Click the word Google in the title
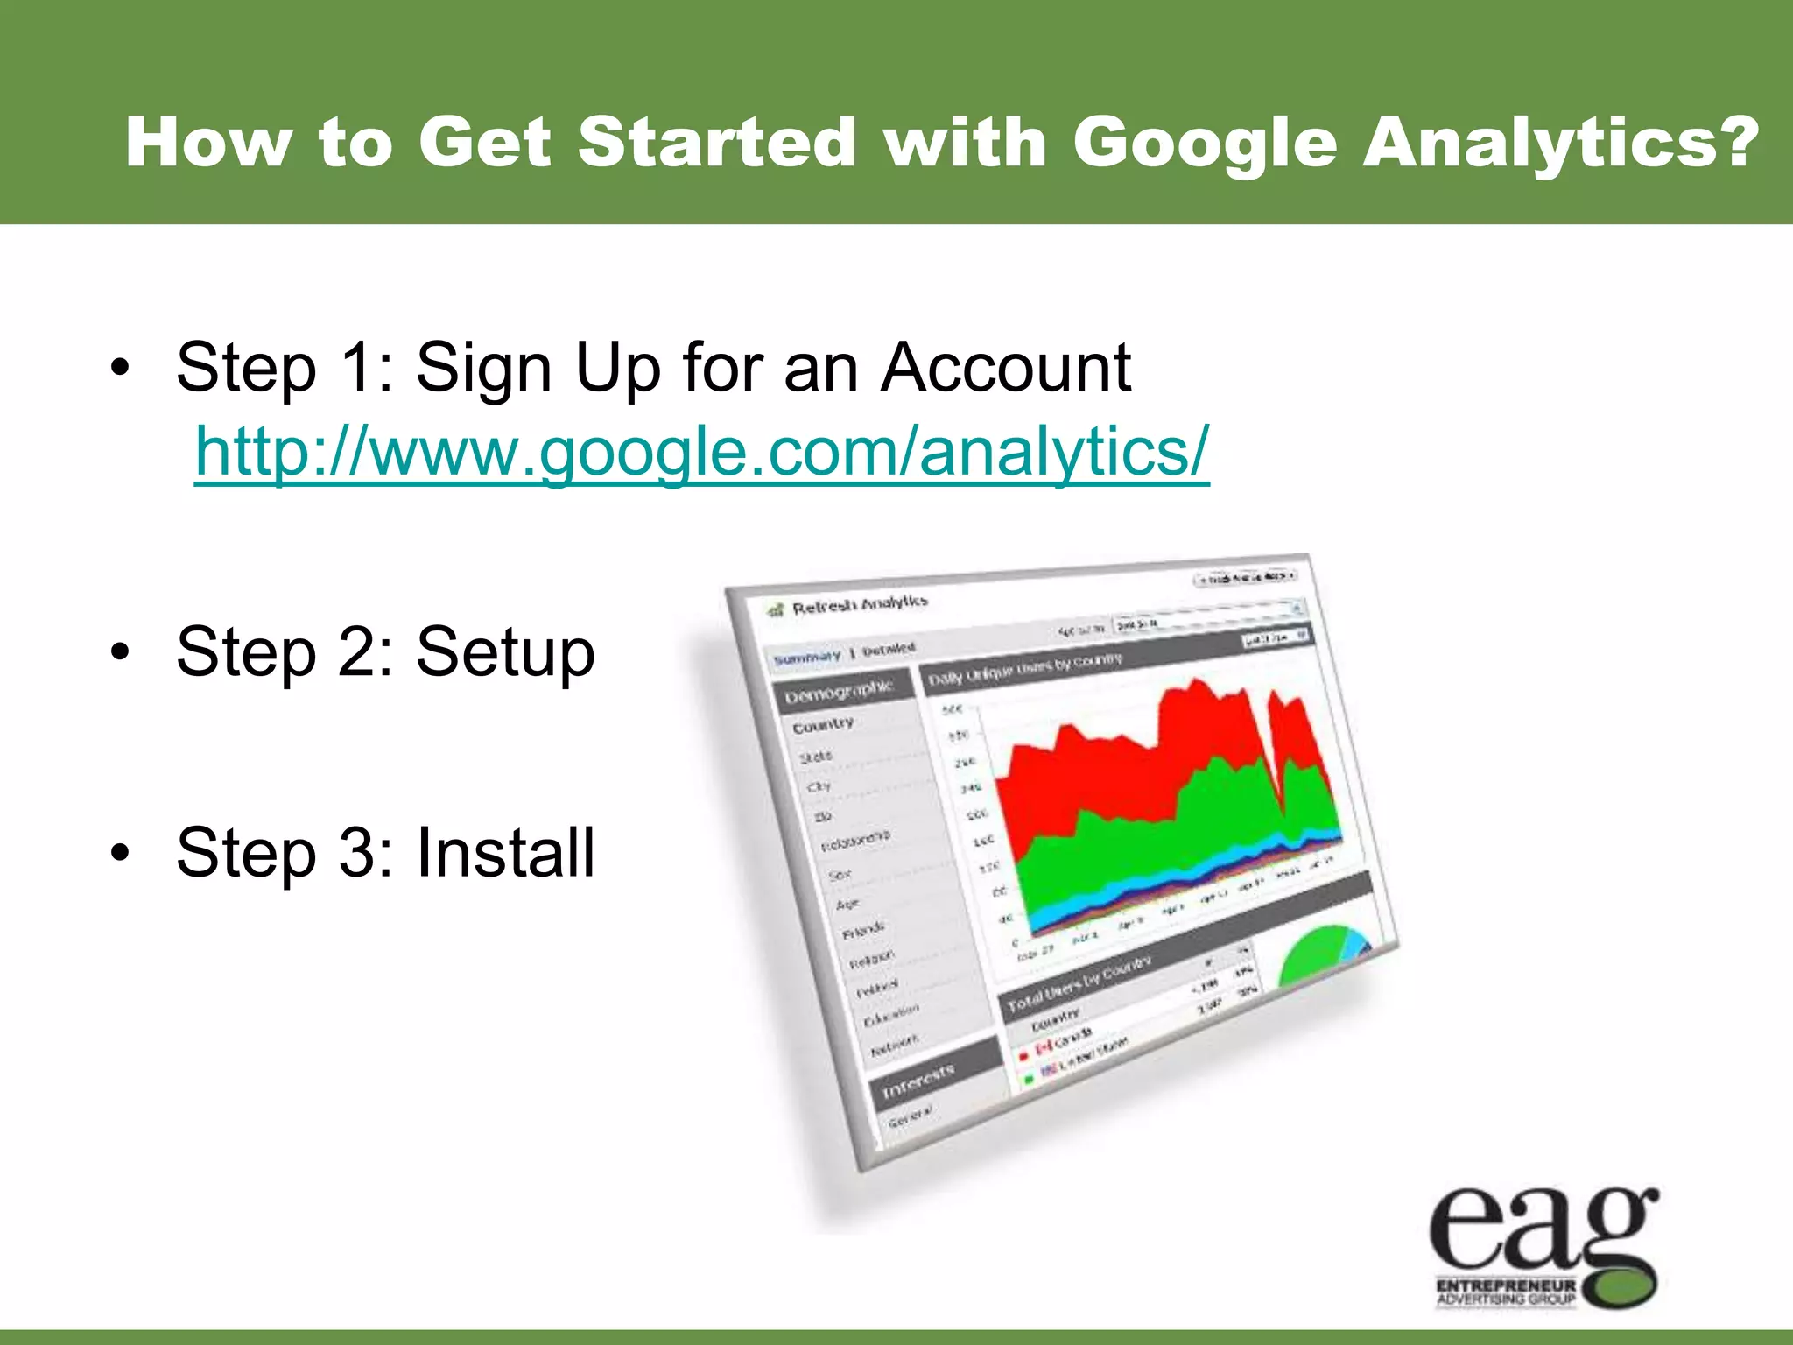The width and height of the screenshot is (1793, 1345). coord(1205,144)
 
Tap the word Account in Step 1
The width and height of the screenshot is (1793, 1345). coord(1006,368)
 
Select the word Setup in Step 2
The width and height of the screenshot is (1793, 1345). coord(505,653)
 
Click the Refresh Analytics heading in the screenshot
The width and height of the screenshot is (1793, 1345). coord(859,605)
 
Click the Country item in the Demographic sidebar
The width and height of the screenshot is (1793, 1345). coord(822,725)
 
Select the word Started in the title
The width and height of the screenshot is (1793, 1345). coord(716,144)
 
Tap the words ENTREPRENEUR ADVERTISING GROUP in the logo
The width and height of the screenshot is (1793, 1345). coord(1506,1292)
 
